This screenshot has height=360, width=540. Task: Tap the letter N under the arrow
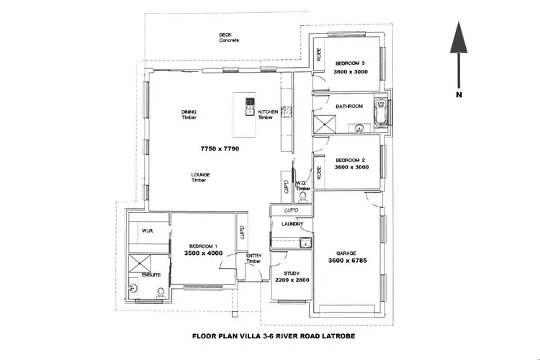click(x=458, y=94)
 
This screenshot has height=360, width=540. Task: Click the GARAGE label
click(x=346, y=253)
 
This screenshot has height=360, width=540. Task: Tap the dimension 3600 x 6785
click(x=348, y=261)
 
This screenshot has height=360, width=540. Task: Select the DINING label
click(x=189, y=112)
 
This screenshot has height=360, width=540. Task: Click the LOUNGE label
click(x=200, y=174)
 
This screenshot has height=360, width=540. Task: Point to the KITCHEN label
click(x=268, y=112)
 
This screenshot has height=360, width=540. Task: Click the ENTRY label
click(x=253, y=256)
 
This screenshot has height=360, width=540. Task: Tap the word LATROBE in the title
click(x=338, y=336)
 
